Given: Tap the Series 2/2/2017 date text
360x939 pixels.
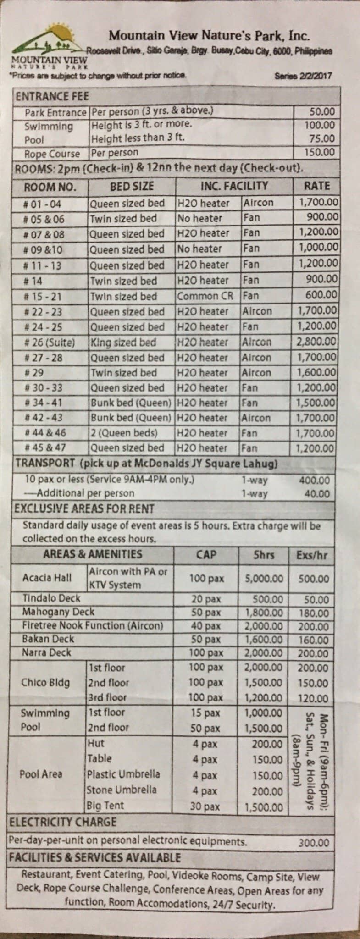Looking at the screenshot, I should [x=303, y=76].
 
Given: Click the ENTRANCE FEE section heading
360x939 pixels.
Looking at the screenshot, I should [x=52, y=97].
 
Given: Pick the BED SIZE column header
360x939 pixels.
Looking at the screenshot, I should [x=132, y=187].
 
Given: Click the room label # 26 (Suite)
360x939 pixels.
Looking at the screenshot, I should [x=49, y=342].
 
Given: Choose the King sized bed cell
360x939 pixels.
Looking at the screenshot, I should [x=123, y=342].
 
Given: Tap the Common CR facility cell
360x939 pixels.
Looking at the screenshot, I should [x=205, y=296].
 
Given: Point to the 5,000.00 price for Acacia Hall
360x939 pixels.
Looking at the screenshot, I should [x=264, y=579].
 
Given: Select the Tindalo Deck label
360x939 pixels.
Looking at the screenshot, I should [x=51, y=598].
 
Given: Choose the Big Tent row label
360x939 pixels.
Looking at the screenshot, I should [x=105, y=806].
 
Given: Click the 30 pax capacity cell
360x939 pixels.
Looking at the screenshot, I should [x=205, y=806].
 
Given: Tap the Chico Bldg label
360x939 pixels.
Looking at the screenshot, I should [x=45, y=682].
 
